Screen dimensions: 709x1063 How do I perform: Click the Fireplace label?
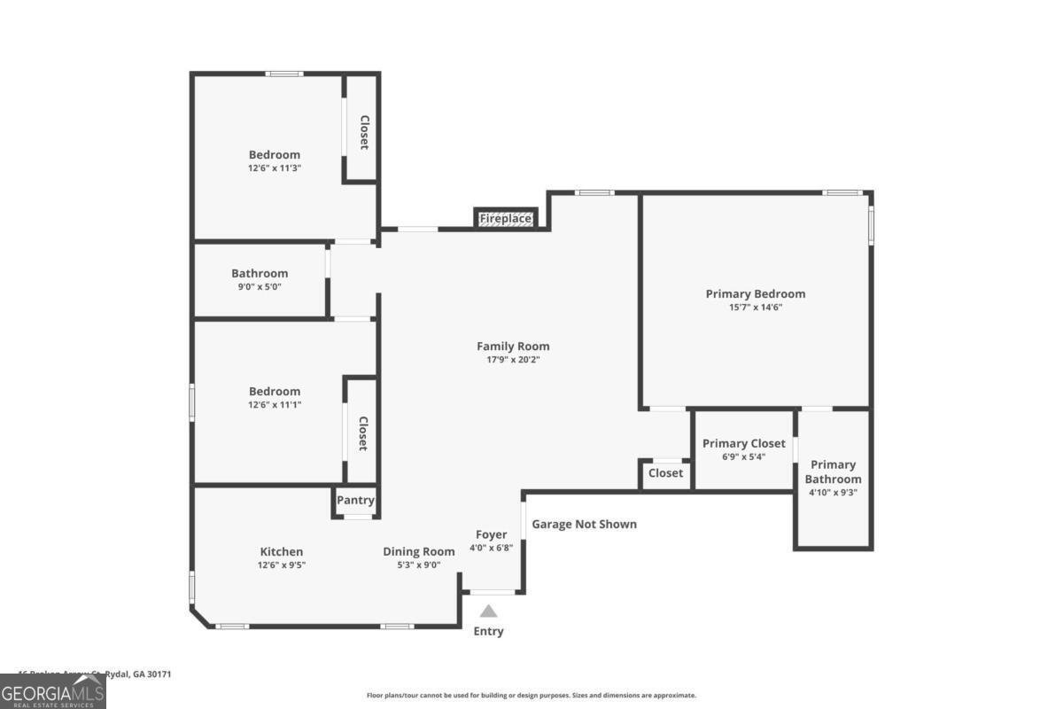click(x=506, y=218)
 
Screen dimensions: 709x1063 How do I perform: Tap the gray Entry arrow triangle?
click(x=488, y=611)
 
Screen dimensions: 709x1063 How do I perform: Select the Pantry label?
click(x=355, y=500)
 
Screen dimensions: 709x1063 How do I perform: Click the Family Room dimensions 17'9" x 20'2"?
click(x=513, y=360)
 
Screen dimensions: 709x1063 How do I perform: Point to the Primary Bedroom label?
click(x=755, y=293)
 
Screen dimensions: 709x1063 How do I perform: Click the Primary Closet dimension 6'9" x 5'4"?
click(x=743, y=457)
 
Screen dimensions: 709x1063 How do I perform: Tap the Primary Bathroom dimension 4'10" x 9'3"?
click(x=833, y=493)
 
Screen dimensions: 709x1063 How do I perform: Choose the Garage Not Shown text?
click(x=584, y=524)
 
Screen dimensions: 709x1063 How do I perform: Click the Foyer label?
click(x=491, y=534)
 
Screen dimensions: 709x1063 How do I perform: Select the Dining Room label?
click(x=418, y=551)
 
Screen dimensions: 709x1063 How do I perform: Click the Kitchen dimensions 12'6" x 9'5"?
click(x=282, y=565)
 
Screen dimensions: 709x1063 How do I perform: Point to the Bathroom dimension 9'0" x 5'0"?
click(x=260, y=286)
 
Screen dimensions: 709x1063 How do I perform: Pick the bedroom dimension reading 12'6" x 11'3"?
click(x=275, y=168)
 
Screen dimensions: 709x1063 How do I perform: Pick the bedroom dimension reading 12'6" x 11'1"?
click(x=275, y=404)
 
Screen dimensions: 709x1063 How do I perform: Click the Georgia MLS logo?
click(x=53, y=691)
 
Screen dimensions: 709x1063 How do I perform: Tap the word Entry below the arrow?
click(x=488, y=631)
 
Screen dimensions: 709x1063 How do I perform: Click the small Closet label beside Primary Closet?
click(x=665, y=473)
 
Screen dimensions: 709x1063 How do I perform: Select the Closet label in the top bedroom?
click(x=363, y=132)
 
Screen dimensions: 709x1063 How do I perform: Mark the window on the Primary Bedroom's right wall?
click(x=871, y=225)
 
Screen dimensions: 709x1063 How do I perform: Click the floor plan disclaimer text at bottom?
click(x=531, y=696)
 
